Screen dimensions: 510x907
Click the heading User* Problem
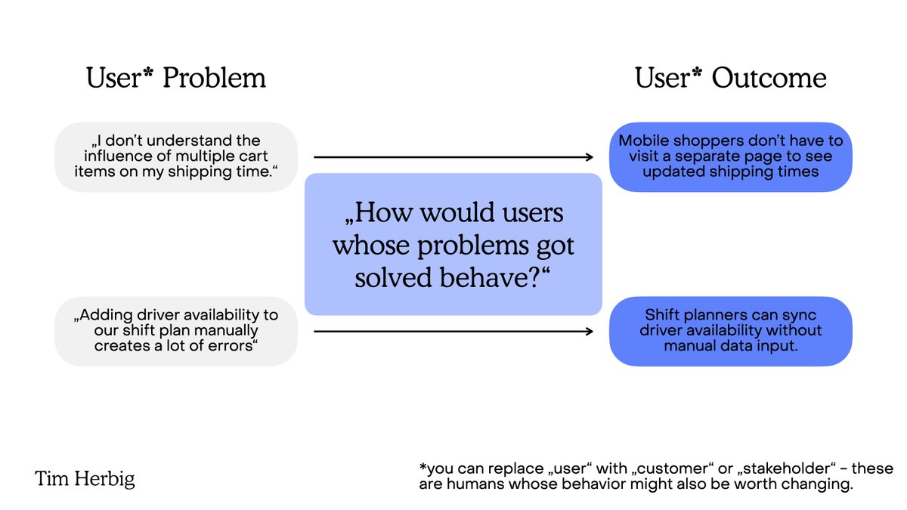pyautogui.click(x=176, y=78)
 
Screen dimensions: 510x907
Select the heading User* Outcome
pyautogui.click(x=730, y=78)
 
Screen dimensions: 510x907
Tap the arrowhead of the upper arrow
pyautogui.click(x=589, y=157)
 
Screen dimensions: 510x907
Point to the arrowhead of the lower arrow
pyautogui.click(x=589, y=331)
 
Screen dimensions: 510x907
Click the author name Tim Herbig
pyautogui.click(x=85, y=479)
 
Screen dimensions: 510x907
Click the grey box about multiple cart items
pyautogui.click(x=176, y=157)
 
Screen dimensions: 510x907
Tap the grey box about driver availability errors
pyautogui.click(x=176, y=331)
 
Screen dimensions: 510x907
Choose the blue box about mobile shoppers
pyautogui.click(x=730, y=156)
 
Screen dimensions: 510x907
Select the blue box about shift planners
pyautogui.click(x=730, y=331)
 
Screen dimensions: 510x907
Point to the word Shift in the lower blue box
pyautogui.click(x=662, y=315)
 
